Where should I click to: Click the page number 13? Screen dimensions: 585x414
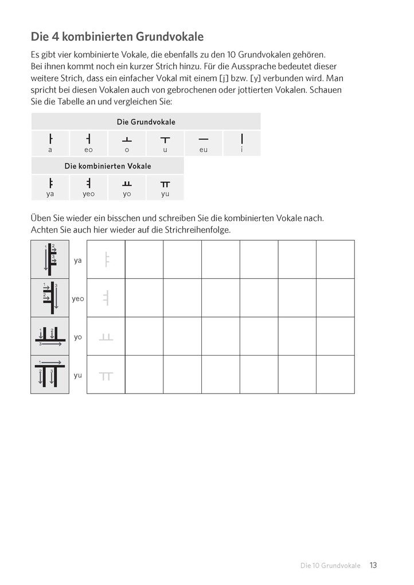(373, 565)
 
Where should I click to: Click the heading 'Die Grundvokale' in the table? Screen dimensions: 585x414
(146, 122)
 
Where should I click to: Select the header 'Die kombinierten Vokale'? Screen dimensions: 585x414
(108, 166)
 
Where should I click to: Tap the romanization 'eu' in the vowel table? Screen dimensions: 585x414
(204, 150)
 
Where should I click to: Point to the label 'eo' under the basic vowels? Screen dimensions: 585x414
(88, 150)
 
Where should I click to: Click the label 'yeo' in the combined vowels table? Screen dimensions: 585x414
(88, 194)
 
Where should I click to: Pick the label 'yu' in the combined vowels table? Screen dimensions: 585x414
(165, 194)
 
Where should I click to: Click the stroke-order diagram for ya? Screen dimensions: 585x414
(50, 259)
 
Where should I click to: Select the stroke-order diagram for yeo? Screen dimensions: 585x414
(50, 298)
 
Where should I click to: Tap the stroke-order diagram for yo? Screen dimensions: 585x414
(50, 336)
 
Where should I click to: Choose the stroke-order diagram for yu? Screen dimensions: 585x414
(50, 375)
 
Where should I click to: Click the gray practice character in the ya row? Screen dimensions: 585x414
(106, 260)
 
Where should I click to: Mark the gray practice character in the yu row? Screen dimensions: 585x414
(106, 376)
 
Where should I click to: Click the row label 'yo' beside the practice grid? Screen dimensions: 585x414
(78, 337)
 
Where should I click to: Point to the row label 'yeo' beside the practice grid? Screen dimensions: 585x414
(78, 298)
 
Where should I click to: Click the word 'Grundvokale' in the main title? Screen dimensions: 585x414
(169, 37)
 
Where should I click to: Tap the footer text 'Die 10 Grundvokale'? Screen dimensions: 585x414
(330, 566)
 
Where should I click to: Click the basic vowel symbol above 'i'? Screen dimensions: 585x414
(242, 139)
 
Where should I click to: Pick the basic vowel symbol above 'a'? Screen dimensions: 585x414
(50, 139)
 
